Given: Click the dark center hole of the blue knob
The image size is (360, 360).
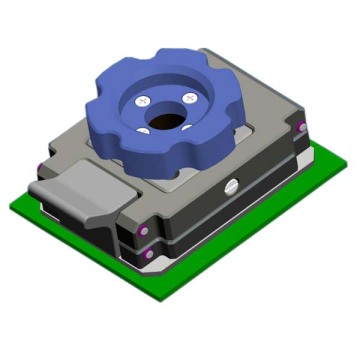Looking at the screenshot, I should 167,119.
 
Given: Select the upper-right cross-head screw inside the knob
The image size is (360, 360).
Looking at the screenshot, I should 188,97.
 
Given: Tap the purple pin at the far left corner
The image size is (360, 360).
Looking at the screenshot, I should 39,166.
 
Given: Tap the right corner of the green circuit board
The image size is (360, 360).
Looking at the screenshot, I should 338,159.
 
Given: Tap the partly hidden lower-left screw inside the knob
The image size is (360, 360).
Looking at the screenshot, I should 147,131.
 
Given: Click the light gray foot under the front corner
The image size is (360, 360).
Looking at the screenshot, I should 150,268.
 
